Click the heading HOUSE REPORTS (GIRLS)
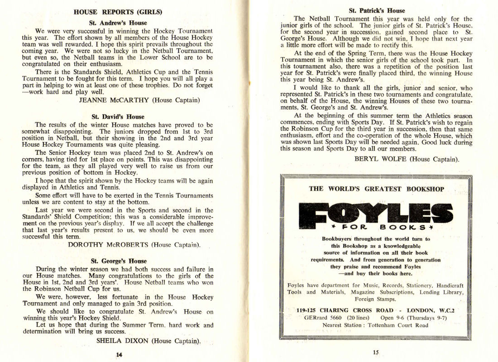coord(118,12)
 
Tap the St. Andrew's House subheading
coord(118,23)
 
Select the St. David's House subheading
coord(118,116)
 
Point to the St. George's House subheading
coord(119,261)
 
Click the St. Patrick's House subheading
coord(377,10)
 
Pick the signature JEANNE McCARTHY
coord(114,100)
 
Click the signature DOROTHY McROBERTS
coord(108,245)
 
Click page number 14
coord(119,355)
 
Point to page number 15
coord(376,353)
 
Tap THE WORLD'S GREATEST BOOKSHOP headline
coord(376,189)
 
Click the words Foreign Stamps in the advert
coord(376,299)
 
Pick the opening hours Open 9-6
coord(392,318)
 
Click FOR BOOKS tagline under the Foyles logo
coord(376,227)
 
